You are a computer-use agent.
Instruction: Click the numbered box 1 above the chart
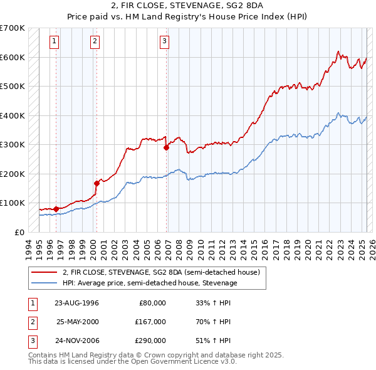(x=55, y=42)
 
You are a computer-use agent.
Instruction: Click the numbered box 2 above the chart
(x=95, y=42)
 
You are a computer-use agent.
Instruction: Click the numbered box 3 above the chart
(x=164, y=42)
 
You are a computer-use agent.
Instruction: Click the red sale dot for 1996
(x=56, y=208)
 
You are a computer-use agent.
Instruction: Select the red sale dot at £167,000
(x=97, y=183)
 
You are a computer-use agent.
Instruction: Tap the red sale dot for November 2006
(x=166, y=148)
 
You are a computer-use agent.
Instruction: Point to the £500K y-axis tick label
(x=13, y=86)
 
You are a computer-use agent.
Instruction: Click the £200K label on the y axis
(x=13, y=174)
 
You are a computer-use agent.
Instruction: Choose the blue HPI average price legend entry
(x=150, y=283)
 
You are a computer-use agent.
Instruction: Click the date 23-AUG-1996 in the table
(x=76, y=303)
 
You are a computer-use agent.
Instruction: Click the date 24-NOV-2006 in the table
(x=76, y=341)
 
